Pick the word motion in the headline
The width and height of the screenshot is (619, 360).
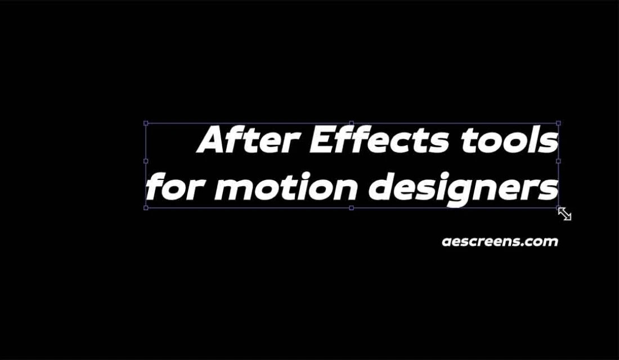(286, 187)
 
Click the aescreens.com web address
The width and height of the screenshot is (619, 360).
(500, 242)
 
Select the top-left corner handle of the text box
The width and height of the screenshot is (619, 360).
(146, 123)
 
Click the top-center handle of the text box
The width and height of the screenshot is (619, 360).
(352, 123)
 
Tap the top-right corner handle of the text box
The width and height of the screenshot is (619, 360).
(558, 123)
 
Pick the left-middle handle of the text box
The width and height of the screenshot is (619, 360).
(146, 161)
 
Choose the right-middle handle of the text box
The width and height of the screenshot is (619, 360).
(558, 161)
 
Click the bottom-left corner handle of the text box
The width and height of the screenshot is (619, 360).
(146, 208)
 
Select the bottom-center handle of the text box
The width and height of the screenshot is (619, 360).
(352, 208)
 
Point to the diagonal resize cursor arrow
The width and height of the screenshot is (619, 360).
(564, 214)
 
